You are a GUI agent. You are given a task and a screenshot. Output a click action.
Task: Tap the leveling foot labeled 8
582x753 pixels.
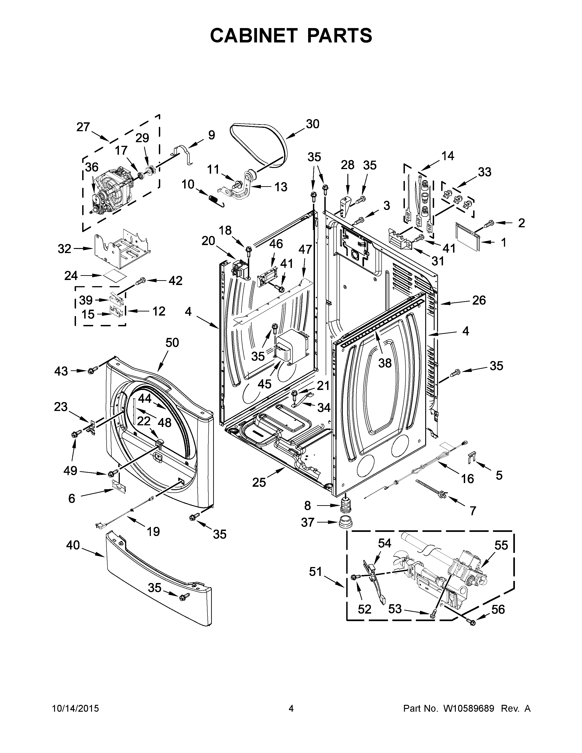[345, 506]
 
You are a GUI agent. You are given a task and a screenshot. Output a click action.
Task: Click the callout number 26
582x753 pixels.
[479, 300]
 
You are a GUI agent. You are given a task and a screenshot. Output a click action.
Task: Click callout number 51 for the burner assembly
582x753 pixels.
[315, 572]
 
